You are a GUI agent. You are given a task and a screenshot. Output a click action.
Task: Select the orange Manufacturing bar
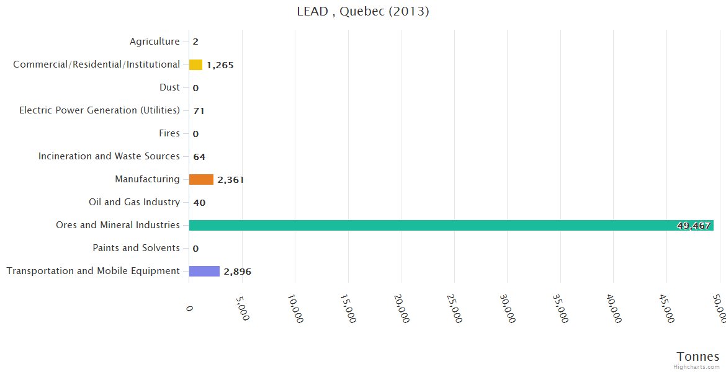(x=201, y=179)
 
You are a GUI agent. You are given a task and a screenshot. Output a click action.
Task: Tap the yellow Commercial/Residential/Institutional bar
(x=195, y=64)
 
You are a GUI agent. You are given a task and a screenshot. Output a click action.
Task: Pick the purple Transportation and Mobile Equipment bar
(x=204, y=271)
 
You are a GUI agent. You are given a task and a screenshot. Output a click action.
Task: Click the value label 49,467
(x=693, y=226)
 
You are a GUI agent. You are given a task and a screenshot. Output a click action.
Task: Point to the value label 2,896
(x=237, y=272)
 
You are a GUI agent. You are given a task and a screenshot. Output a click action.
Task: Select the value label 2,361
(x=230, y=180)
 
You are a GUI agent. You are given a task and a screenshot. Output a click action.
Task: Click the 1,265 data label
(x=220, y=65)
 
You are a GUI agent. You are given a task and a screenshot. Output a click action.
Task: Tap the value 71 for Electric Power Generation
(x=199, y=111)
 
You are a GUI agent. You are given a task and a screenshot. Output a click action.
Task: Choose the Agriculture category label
(x=155, y=42)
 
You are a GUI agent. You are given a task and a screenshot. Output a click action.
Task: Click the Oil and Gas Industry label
(x=134, y=202)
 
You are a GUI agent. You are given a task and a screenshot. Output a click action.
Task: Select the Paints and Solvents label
(x=136, y=248)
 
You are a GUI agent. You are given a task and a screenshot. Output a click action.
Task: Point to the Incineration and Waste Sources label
(x=109, y=156)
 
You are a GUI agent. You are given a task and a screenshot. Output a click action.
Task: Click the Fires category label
(x=169, y=133)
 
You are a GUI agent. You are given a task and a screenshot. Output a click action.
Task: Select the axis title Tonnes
(x=697, y=356)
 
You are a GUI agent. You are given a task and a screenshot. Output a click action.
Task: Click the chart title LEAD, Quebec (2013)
(x=363, y=11)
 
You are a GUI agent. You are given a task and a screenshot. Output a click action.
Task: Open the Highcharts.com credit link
(x=697, y=367)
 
